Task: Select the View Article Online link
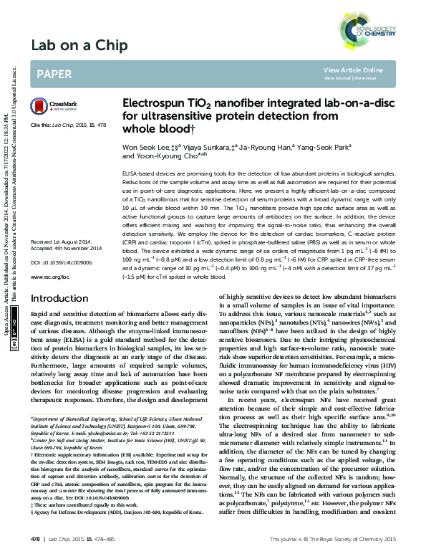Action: [353, 70]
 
